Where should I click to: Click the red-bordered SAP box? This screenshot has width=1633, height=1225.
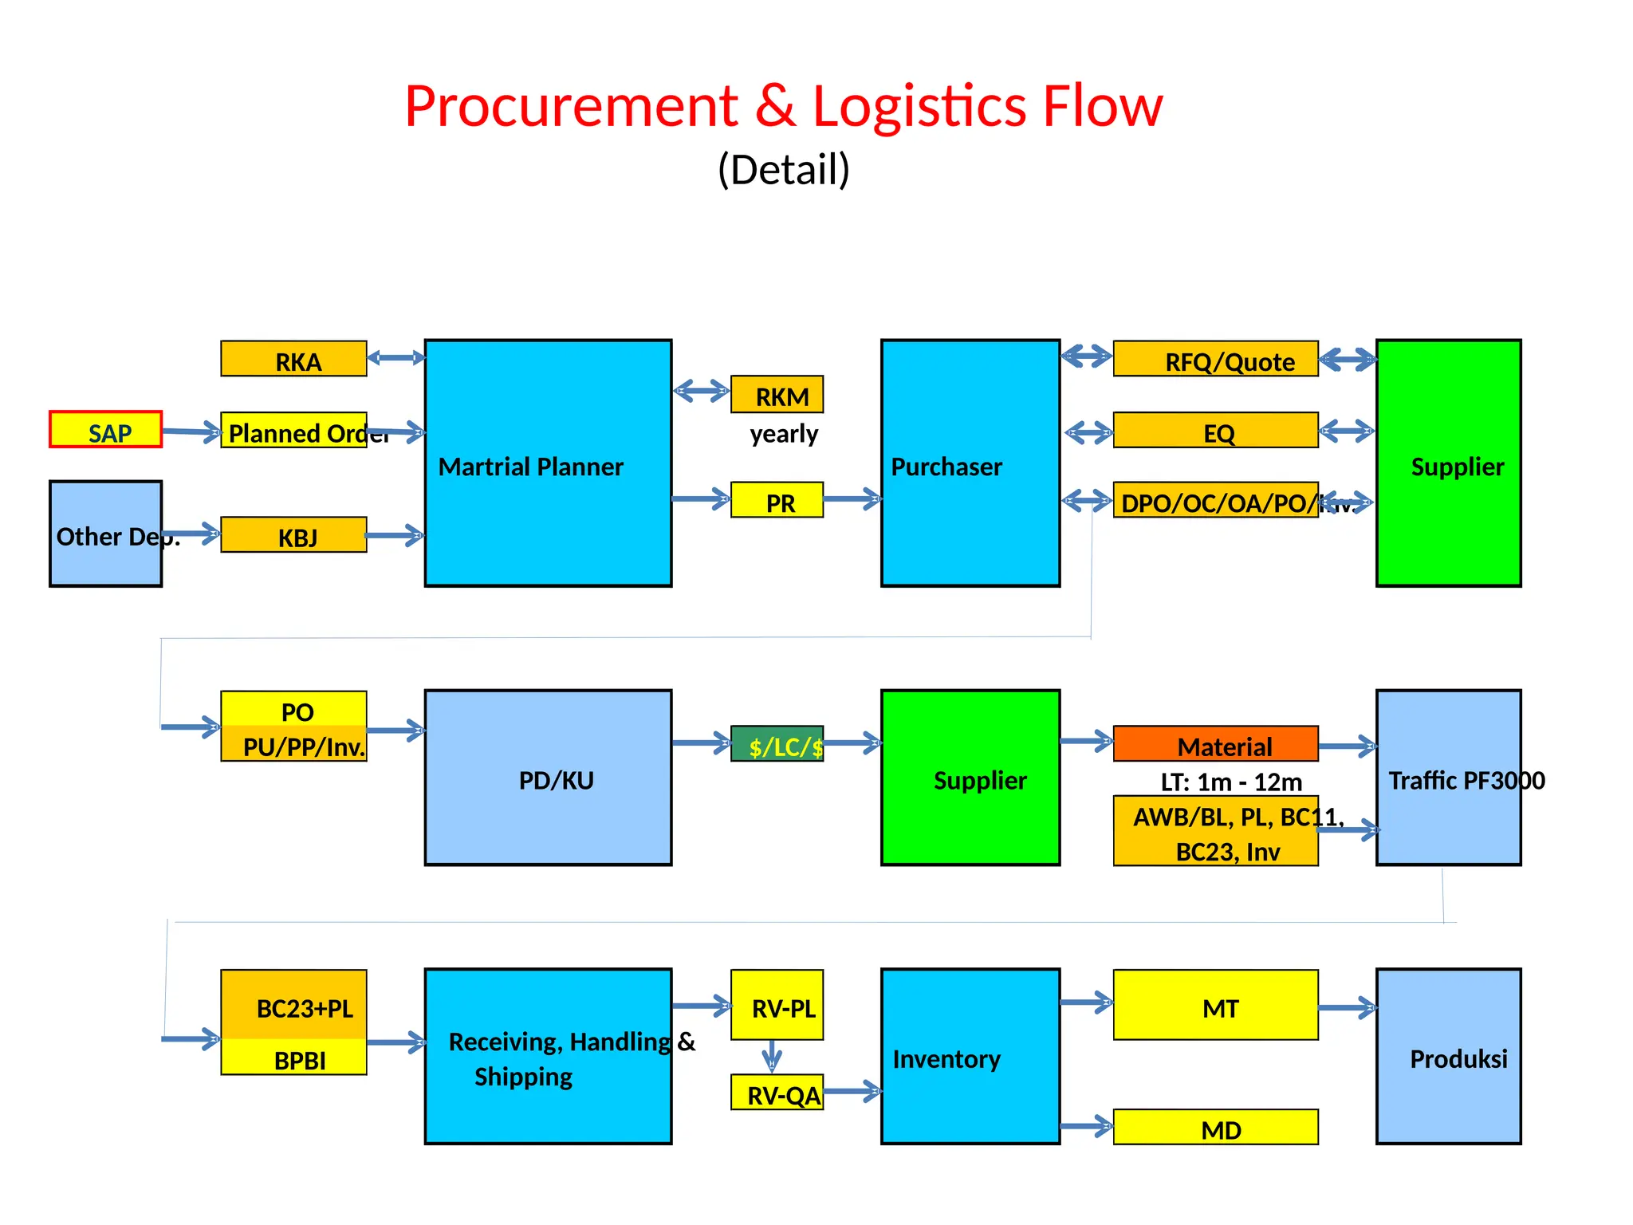105,429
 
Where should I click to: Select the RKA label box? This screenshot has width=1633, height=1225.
293,359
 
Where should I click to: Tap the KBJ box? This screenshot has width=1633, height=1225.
293,534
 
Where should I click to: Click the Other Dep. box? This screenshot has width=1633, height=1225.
105,534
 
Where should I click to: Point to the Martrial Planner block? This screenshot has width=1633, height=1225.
548,463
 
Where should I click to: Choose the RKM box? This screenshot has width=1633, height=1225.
777,395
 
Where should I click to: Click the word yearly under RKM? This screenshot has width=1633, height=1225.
784,434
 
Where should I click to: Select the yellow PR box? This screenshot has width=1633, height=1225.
777,501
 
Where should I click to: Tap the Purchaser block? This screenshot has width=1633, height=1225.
970,463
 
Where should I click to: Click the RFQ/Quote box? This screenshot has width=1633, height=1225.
1215,360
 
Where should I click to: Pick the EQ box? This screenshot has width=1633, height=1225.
1215,431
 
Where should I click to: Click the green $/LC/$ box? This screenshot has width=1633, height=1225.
777,744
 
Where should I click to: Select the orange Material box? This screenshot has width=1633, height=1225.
1215,744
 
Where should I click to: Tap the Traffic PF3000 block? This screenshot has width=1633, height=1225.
1448,778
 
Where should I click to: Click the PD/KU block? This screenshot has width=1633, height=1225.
548,778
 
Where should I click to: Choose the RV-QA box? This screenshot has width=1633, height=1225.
777,1093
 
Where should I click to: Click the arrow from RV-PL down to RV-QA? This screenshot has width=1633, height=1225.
771,1057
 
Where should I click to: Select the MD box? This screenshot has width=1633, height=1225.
1215,1128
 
